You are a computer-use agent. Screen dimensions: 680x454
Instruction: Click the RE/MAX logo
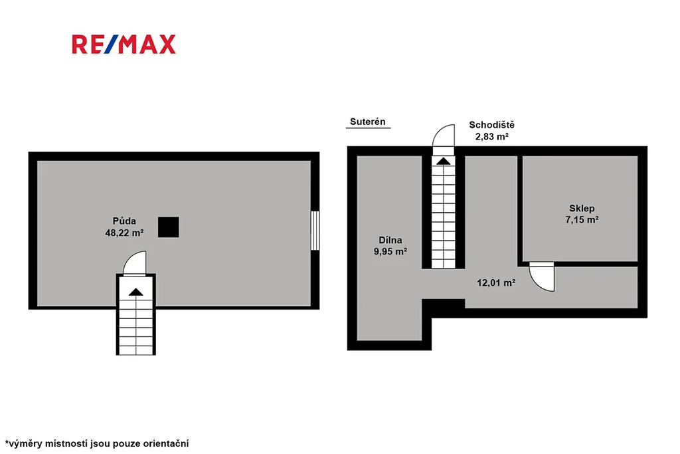[x=124, y=45]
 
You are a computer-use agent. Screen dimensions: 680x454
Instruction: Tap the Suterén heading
[x=368, y=122]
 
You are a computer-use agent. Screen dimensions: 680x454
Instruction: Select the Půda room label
[x=124, y=221]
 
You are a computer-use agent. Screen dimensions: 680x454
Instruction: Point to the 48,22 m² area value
[x=124, y=233]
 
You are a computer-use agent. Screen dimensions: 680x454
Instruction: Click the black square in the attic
[x=168, y=227]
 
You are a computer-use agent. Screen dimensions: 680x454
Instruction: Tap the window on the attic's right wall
[x=315, y=231]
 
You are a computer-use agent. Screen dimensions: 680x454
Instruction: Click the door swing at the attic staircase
[x=135, y=263]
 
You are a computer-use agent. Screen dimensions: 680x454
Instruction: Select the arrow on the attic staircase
[x=135, y=292]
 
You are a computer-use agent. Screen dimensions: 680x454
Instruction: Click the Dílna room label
[x=390, y=240]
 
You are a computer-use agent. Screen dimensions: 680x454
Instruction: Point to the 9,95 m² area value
[x=390, y=251]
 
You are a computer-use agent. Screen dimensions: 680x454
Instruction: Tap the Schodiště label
[x=492, y=125]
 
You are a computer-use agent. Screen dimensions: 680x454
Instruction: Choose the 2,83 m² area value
[x=492, y=136]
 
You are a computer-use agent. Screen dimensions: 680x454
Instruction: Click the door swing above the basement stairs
[x=443, y=136]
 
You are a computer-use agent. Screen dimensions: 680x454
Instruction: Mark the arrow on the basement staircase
[x=443, y=162]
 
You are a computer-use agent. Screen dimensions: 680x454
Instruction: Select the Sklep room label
[x=582, y=208]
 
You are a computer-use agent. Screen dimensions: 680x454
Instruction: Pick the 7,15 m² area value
[x=582, y=219]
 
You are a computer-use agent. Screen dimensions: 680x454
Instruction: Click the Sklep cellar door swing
[x=542, y=279]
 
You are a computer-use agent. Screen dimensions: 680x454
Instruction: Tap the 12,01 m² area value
[x=496, y=283]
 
